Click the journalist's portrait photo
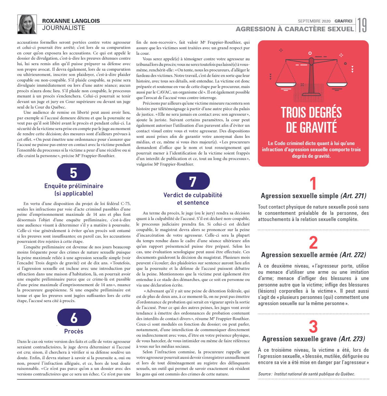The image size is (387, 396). pos(27,24)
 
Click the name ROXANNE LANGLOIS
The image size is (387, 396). pos(71,21)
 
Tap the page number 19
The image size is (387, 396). pos(362,25)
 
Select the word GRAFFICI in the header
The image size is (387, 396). pos(343,21)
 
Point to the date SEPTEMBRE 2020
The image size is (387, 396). pos(314,21)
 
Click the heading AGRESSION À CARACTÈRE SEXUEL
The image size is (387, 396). pos(294,29)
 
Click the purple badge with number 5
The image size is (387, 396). pos(74,172)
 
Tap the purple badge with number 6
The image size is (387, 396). pos(74,317)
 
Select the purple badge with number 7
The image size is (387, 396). pos(193,181)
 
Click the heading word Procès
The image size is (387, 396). pos(74,331)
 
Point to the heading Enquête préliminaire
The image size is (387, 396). pos(74,186)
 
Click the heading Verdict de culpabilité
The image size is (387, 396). pos(193,195)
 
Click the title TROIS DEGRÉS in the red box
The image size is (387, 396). pos(311,113)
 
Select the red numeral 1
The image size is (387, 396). pos(313,183)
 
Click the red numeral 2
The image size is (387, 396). pos(313,242)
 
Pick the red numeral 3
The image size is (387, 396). pos(313,327)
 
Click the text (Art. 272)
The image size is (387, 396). pos(353,255)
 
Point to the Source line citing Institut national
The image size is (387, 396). pos(307,374)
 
